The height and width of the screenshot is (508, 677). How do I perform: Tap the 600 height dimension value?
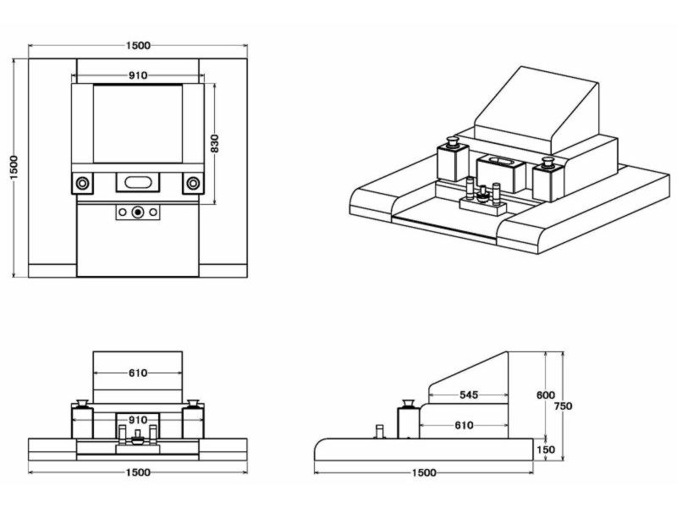(x=546, y=395)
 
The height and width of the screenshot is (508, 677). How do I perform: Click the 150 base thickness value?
(x=546, y=450)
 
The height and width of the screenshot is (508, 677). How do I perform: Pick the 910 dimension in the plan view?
(x=139, y=75)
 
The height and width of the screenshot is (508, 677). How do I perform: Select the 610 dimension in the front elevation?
(x=139, y=373)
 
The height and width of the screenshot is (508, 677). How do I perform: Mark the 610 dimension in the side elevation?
(x=464, y=426)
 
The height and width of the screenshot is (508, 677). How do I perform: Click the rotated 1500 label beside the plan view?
(x=14, y=167)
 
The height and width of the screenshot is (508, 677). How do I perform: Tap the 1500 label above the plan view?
(x=139, y=45)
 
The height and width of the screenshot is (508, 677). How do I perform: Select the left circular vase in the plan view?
(x=83, y=183)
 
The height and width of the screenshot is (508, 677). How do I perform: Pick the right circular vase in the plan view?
(x=193, y=183)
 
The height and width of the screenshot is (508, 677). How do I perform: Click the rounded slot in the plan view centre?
(x=138, y=180)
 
